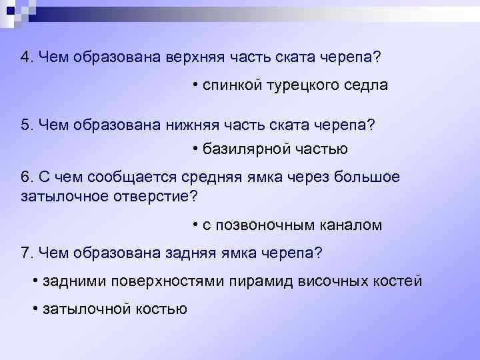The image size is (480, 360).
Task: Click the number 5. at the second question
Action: coord(27,124)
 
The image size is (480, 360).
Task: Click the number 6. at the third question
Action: coord(27,177)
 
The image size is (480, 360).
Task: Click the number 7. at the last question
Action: coord(27,253)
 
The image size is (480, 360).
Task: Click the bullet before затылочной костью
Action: coord(35,308)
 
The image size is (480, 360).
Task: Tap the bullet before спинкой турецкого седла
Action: coord(195,85)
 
